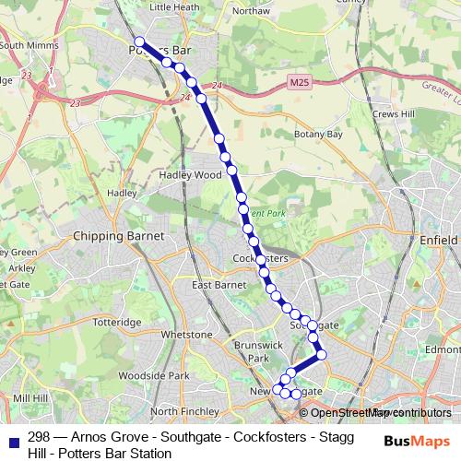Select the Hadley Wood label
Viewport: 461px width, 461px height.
(191, 174)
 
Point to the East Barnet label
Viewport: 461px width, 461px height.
(217, 286)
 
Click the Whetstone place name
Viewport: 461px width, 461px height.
(187, 334)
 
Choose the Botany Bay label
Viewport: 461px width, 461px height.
(319, 135)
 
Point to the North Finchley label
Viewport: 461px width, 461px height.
(178, 410)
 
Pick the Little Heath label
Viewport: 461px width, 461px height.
(174, 6)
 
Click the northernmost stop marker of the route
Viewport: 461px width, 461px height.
(139, 41)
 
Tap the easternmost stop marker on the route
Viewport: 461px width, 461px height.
(322, 354)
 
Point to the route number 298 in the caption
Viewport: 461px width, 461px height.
(39, 437)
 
